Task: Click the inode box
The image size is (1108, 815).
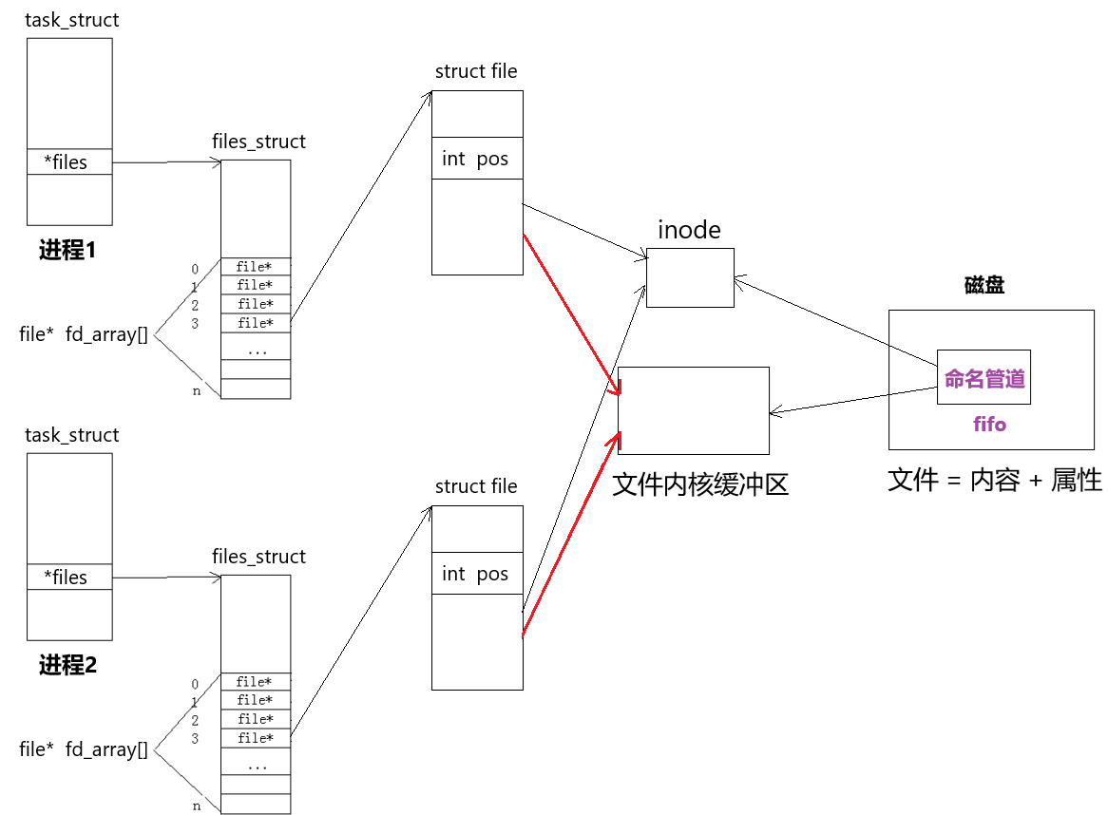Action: (690, 277)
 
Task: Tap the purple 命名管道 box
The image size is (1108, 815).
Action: (984, 377)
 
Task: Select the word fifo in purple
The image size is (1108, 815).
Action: (989, 424)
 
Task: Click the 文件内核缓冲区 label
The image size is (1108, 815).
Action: (699, 484)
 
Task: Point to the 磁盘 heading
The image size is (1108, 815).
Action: (984, 285)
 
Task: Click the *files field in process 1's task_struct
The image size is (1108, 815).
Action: (69, 161)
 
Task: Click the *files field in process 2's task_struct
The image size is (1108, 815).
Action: (69, 577)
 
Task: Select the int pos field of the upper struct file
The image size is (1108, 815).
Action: (477, 159)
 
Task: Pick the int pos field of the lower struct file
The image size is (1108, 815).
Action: (477, 574)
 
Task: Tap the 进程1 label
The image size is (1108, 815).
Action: (67, 249)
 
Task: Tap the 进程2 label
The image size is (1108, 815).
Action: (67, 665)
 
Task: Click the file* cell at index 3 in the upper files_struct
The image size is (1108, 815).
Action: (256, 323)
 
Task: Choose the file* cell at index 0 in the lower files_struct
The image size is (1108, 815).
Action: (256, 681)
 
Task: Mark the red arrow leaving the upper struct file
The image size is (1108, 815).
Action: (572, 314)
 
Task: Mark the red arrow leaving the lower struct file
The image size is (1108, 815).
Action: (571, 535)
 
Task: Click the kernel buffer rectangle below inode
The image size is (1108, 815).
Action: (693, 410)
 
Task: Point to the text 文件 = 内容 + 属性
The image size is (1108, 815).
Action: (995, 481)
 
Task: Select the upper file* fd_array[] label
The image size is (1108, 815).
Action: (84, 334)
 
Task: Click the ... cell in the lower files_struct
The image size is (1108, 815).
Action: (256, 766)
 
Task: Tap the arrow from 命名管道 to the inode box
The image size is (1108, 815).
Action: (836, 321)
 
